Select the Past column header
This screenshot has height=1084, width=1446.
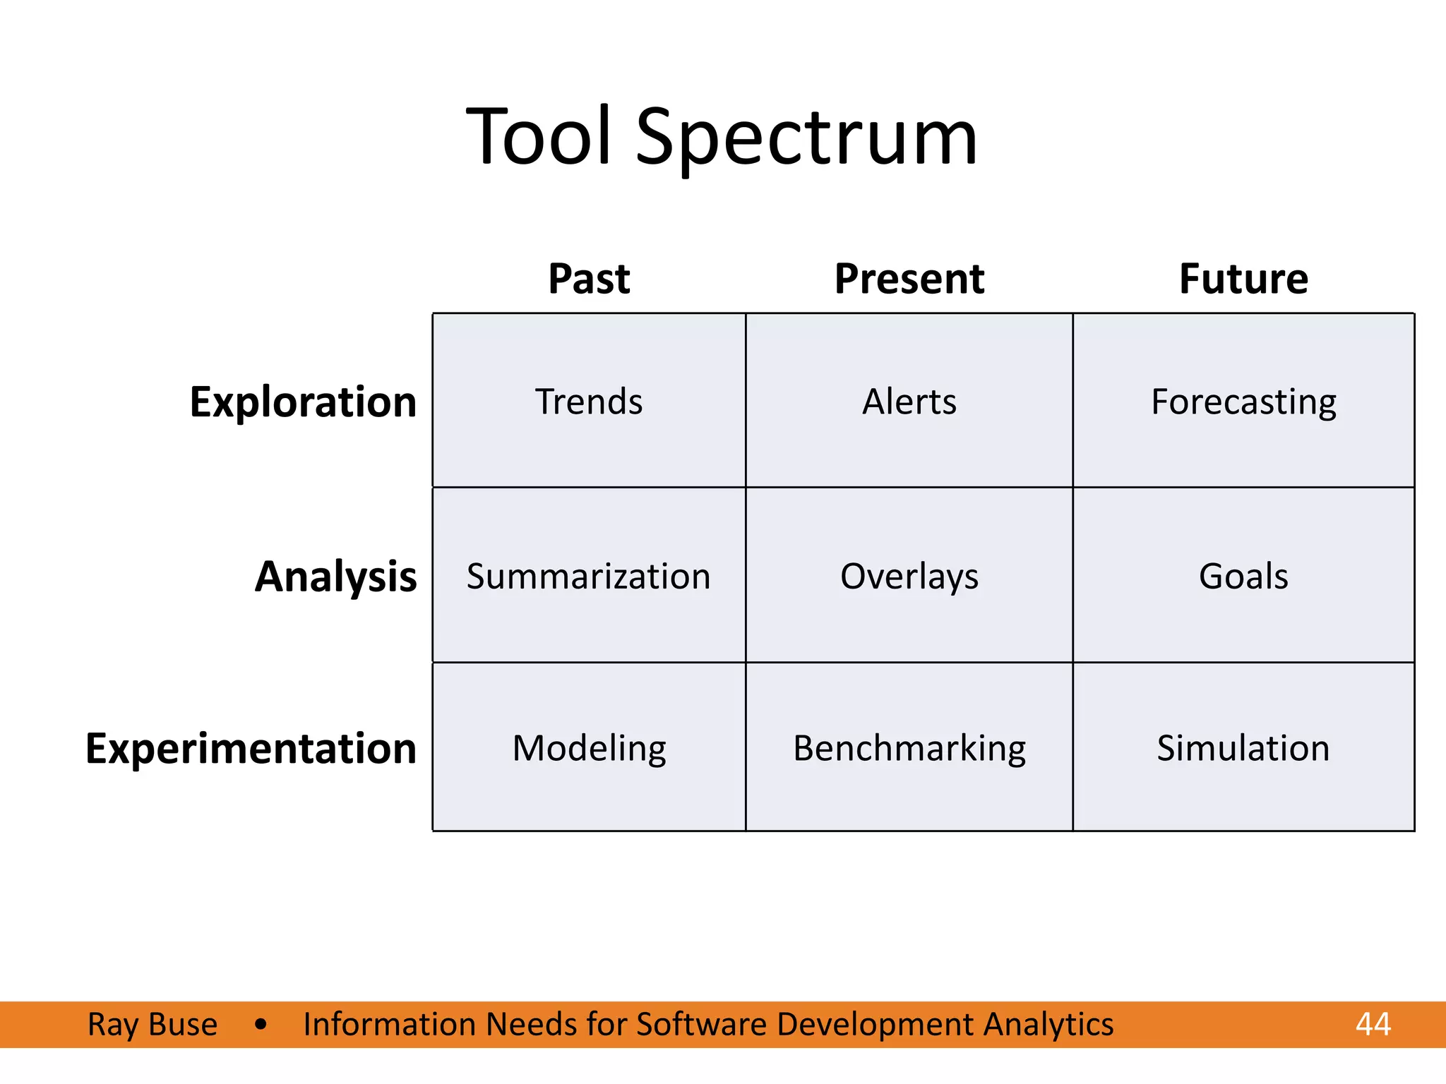coord(589,279)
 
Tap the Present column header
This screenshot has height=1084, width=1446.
coord(909,279)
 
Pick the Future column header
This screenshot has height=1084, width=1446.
coord(1243,279)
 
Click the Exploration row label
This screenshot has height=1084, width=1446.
coord(303,402)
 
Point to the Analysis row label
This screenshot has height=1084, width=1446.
coord(335,577)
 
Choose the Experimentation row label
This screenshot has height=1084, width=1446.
coord(251,748)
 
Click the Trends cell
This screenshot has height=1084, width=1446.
coord(589,402)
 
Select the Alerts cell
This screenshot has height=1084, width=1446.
coord(909,402)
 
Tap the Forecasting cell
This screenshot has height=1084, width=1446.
coord(1243,402)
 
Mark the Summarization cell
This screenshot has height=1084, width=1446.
coord(588,577)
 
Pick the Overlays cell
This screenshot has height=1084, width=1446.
coord(909,577)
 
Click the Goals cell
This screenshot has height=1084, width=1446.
coord(1243,577)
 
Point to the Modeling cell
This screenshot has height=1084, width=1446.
coord(589,748)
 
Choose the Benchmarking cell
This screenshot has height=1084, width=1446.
coord(909,748)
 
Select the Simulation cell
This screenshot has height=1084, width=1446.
coord(1243,748)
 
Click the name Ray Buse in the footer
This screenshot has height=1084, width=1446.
coord(153,1024)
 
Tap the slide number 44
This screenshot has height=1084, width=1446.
coord(1373,1024)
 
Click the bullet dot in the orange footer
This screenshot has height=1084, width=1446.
coord(261,1024)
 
